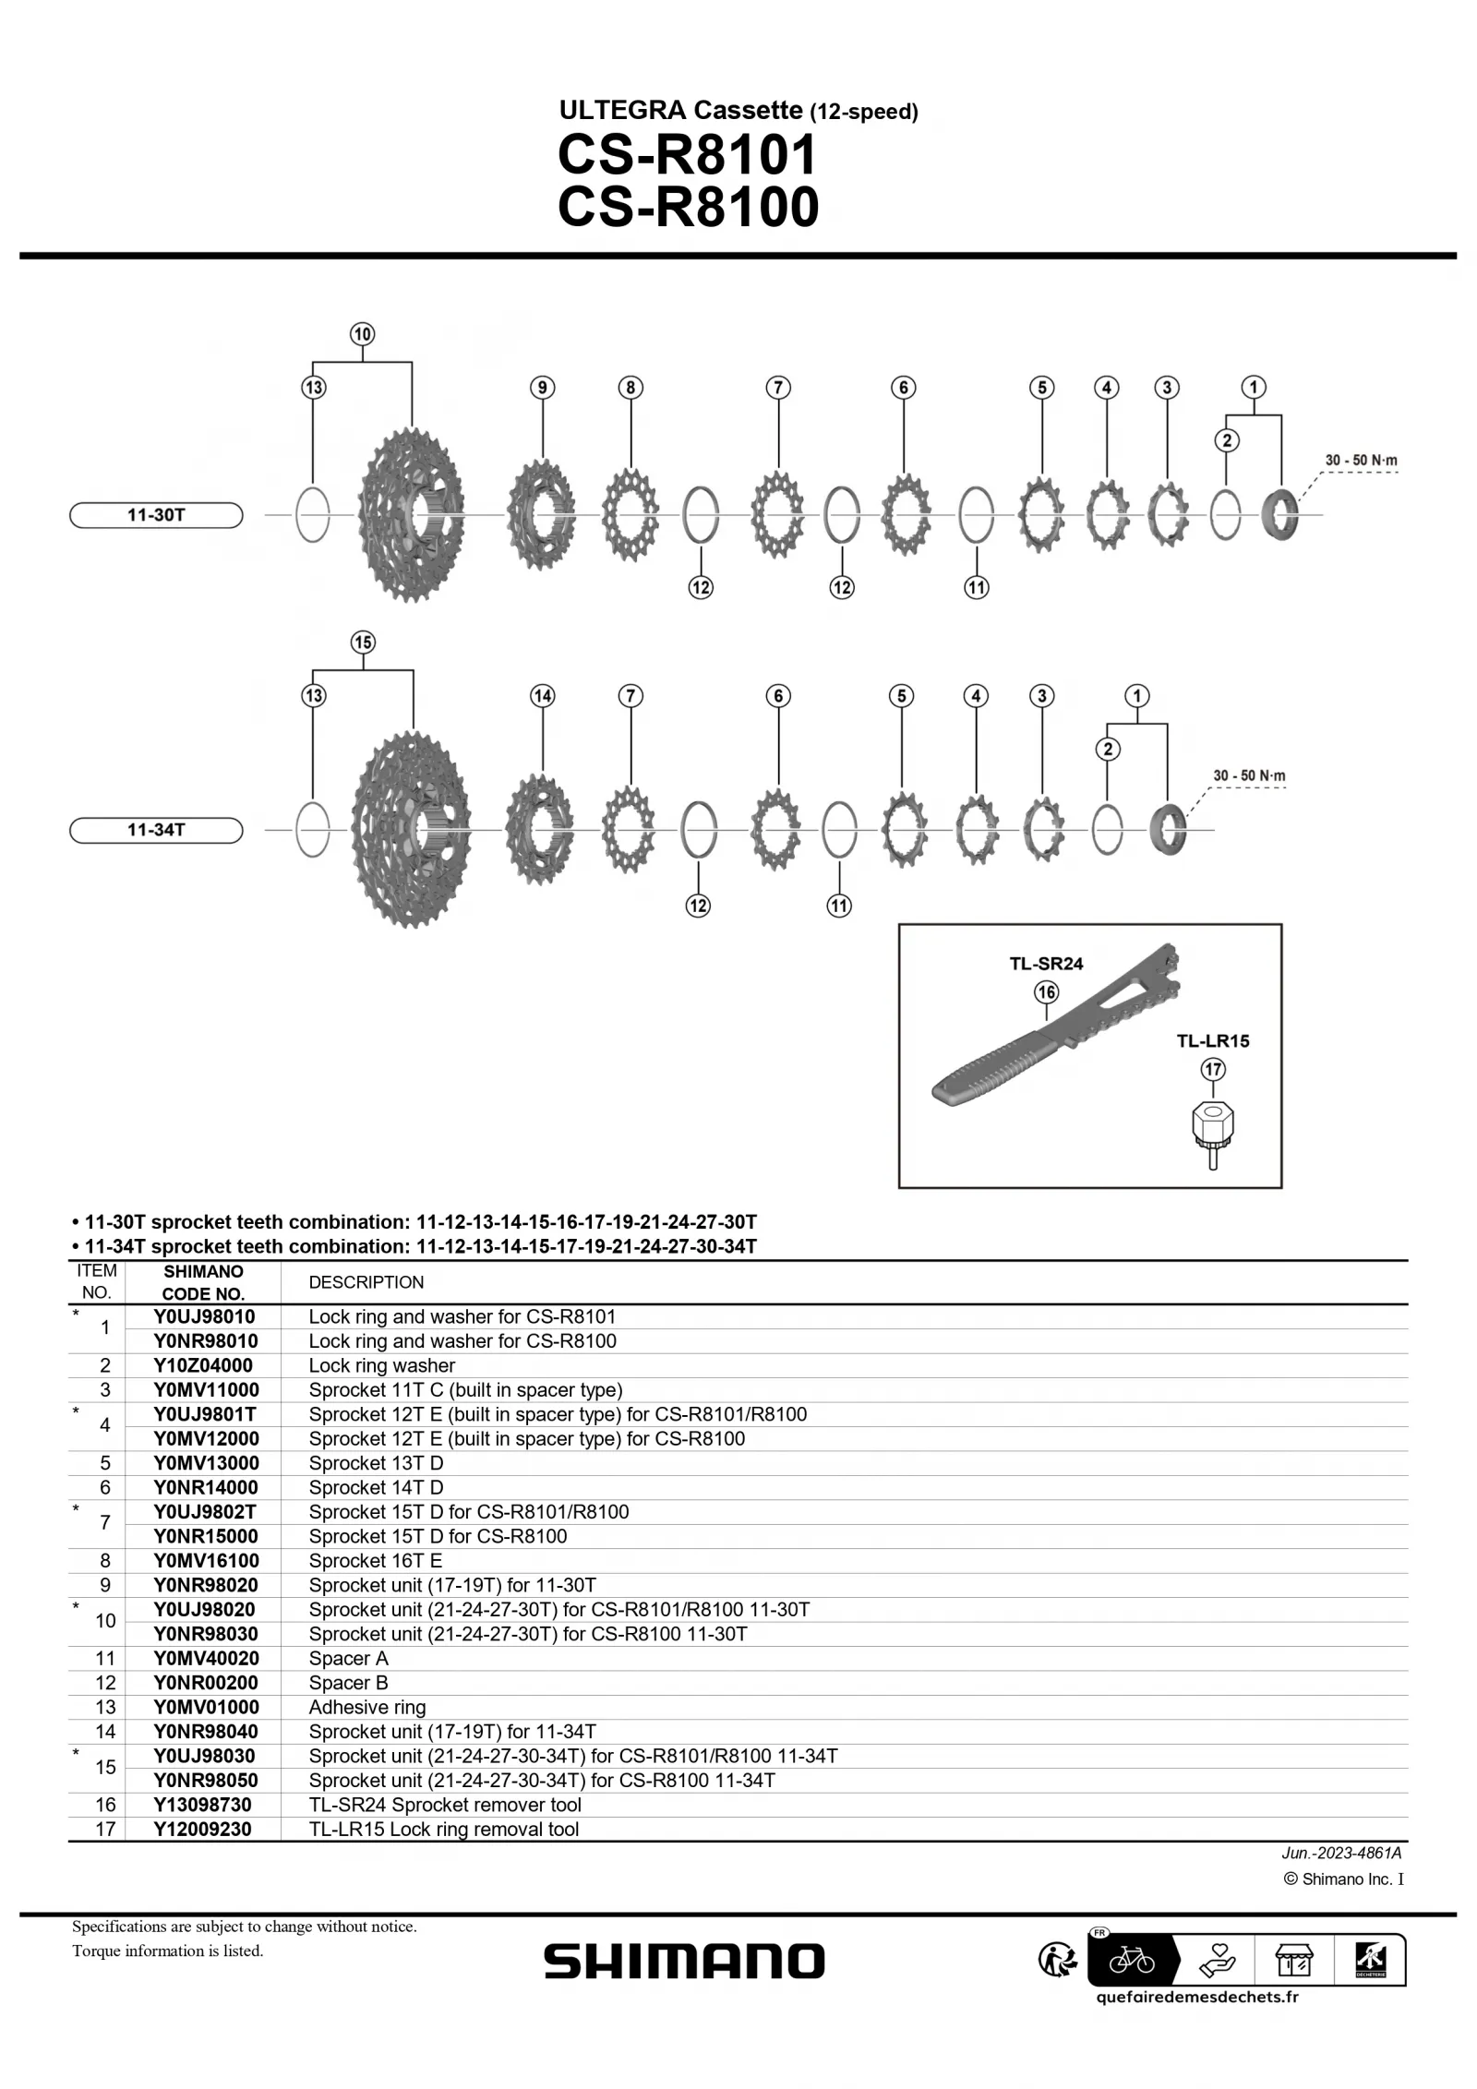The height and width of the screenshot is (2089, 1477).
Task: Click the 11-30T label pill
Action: click(156, 515)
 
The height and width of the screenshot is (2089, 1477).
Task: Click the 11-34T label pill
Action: click(156, 830)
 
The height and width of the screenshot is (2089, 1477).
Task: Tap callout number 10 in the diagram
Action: click(362, 334)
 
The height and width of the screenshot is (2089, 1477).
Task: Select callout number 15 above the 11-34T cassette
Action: click(363, 642)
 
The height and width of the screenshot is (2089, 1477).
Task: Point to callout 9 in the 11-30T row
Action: click(543, 388)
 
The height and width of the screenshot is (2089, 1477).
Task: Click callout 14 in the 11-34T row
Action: click(543, 696)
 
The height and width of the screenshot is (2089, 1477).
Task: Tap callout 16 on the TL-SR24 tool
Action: click(1046, 993)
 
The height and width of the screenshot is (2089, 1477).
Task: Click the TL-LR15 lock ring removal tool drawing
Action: click(1213, 1135)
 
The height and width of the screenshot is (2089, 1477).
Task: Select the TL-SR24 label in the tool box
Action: click(1046, 964)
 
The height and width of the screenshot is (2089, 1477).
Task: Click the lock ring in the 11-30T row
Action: click(1280, 516)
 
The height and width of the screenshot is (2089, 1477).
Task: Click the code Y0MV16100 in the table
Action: click(206, 1561)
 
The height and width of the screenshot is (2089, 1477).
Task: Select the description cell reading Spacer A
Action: click(349, 1659)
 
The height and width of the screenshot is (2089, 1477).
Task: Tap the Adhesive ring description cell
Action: click(367, 1708)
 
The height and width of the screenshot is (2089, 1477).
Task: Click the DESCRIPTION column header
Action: click(366, 1282)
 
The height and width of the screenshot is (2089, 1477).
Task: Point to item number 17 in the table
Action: click(105, 1830)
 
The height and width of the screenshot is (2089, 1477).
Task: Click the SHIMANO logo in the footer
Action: click(684, 1962)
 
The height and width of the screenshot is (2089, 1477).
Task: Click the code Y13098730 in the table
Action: click(203, 1805)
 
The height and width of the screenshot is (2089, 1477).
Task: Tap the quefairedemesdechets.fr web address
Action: click(1197, 1997)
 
